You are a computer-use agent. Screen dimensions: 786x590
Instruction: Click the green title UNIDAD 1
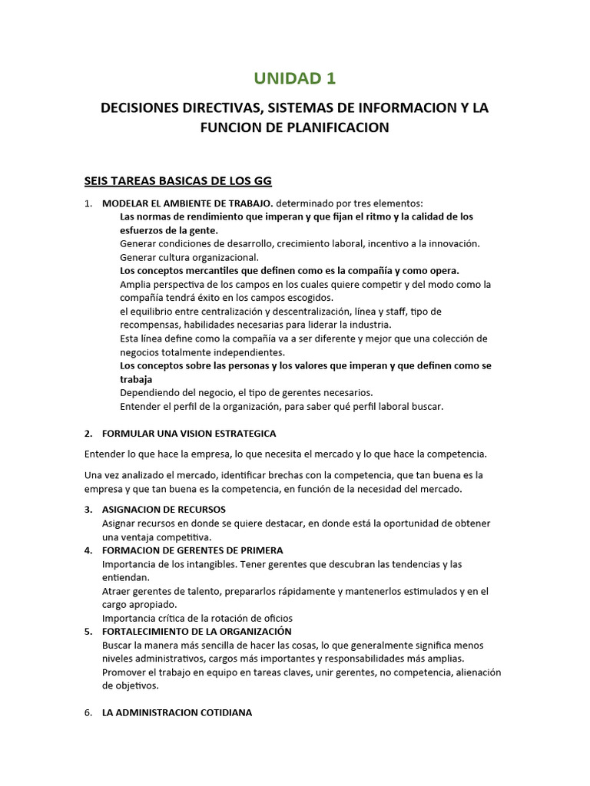pyautogui.click(x=295, y=78)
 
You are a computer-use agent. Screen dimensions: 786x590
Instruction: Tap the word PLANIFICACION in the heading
pyautogui.click(x=337, y=127)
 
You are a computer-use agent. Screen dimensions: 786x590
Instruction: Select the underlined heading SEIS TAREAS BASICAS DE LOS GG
pyautogui.click(x=177, y=181)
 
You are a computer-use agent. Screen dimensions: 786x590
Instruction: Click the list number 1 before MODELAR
pyautogui.click(x=88, y=203)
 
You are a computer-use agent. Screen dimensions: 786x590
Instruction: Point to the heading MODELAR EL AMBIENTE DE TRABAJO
pyautogui.click(x=187, y=203)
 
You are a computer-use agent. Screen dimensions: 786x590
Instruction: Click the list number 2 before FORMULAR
pyautogui.click(x=88, y=434)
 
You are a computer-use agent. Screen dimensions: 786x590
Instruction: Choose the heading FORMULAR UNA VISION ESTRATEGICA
pyautogui.click(x=189, y=434)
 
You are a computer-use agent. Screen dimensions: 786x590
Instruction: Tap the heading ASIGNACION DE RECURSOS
pyautogui.click(x=164, y=510)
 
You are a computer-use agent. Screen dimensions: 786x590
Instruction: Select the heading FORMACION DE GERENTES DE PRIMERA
pyautogui.click(x=192, y=550)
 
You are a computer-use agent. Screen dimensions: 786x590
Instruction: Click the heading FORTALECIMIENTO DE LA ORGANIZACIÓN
pyautogui.click(x=197, y=632)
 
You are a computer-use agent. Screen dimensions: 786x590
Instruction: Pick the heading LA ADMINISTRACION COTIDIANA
pyautogui.click(x=177, y=713)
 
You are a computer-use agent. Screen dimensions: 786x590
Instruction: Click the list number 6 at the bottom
pyautogui.click(x=88, y=713)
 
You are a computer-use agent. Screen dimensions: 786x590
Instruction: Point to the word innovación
pyautogui.click(x=452, y=243)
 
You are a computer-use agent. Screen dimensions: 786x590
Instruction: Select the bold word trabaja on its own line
pyautogui.click(x=136, y=379)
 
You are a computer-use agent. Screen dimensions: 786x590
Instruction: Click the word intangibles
pyautogui.click(x=207, y=564)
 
